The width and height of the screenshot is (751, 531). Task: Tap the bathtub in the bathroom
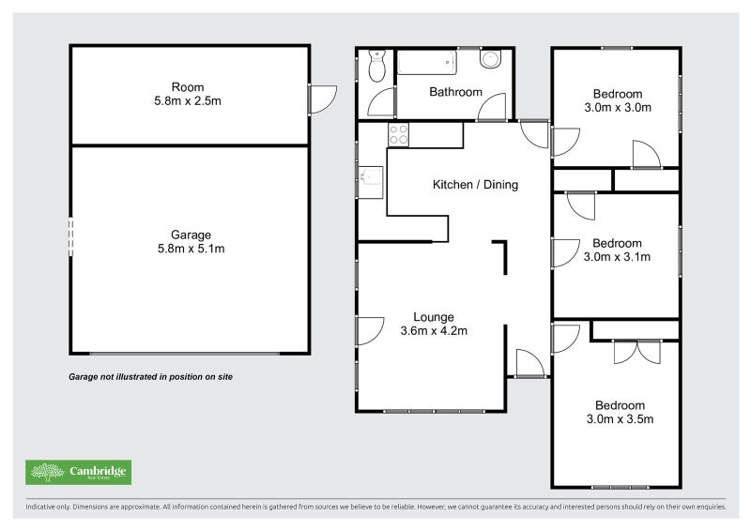[427, 63]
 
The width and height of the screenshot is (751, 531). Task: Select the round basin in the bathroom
[490, 60]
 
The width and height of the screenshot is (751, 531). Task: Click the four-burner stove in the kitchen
[398, 134]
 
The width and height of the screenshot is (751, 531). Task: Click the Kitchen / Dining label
[475, 185]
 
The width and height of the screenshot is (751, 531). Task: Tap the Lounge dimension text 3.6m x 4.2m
[434, 330]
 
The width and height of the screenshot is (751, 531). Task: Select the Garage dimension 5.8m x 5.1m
[191, 249]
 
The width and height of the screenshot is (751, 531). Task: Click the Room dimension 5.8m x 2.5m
[191, 101]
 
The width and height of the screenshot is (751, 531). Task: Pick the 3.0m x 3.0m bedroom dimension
[618, 107]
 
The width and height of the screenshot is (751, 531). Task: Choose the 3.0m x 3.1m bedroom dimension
[618, 256]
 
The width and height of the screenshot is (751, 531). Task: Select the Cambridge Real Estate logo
[78, 472]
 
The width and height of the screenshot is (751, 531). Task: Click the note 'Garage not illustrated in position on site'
[150, 376]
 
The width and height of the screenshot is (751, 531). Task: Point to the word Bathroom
[455, 92]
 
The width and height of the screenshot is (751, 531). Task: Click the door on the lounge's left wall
[368, 330]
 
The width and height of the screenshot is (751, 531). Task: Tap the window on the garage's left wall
[70, 236]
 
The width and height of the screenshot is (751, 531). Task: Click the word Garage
[191, 235]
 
